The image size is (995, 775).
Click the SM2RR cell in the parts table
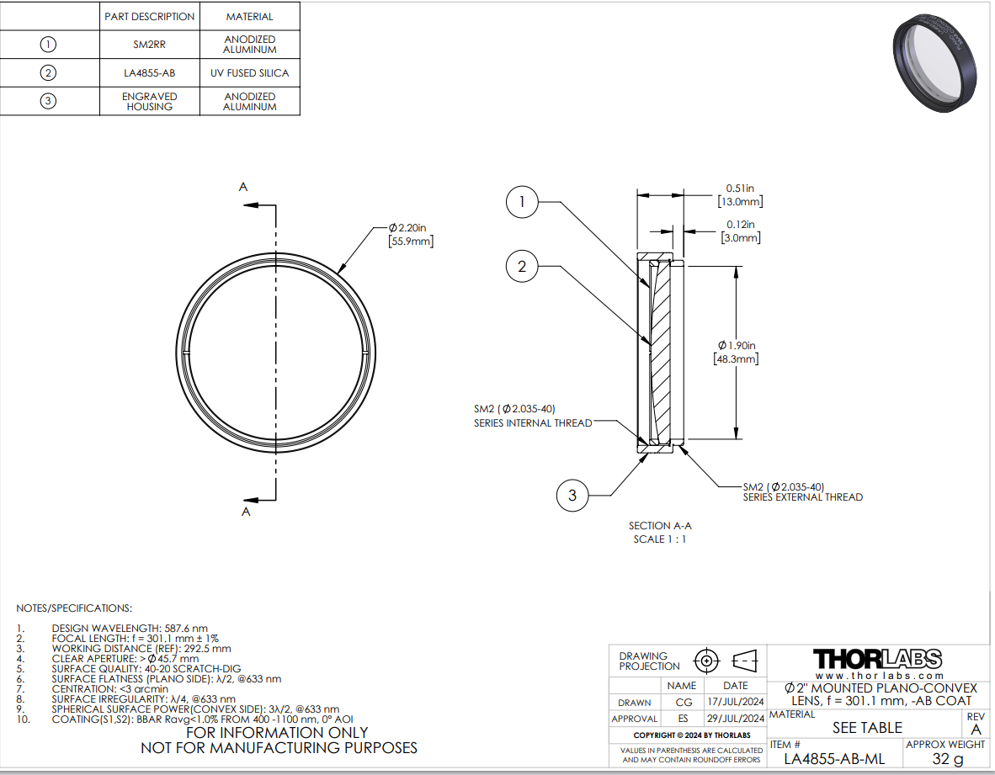click(x=149, y=45)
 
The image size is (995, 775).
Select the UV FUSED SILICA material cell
click(x=249, y=73)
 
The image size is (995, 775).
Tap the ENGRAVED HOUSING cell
click(x=149, y=102)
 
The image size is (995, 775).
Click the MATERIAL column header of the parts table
click(x=249, y=17)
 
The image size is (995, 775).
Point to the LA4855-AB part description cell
click(x=149, y=73)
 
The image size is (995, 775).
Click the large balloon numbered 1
click(x=522, y=202)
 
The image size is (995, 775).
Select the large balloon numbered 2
click(x=522, y=267)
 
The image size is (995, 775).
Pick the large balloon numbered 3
click(x=572, y=496)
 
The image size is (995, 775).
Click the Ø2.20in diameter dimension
click(x=411, y=234)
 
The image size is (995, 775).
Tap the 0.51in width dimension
click(x=740, y=194)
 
